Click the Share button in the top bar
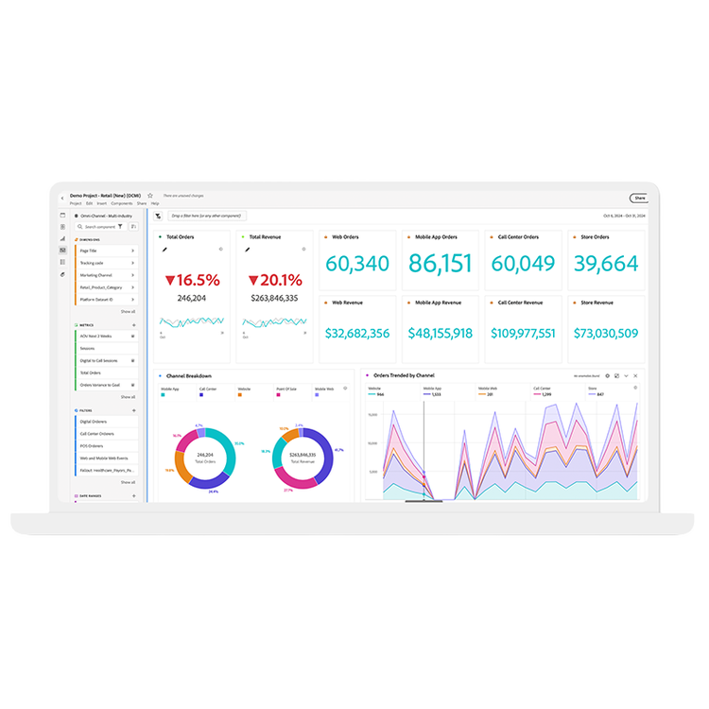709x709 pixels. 639,198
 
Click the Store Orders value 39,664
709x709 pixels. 606,264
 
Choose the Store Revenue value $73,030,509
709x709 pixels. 606,333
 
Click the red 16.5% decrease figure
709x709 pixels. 192,280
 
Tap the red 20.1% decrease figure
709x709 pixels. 275,280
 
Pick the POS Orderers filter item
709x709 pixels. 92,445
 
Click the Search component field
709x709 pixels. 98,227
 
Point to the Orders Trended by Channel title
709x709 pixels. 404,375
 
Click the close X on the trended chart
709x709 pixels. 636,376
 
